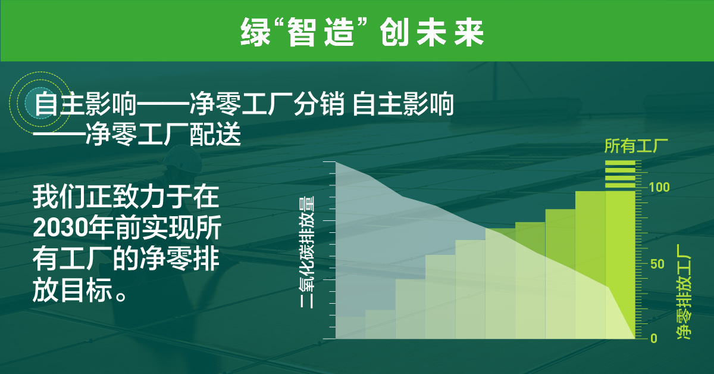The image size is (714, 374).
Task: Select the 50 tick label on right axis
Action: [x=655, y=264]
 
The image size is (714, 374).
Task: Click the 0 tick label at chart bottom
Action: [x=653, y=338]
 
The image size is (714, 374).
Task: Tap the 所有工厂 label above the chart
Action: [x=635, y=146]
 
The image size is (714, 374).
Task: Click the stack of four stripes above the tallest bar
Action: [x=620, y=174]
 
